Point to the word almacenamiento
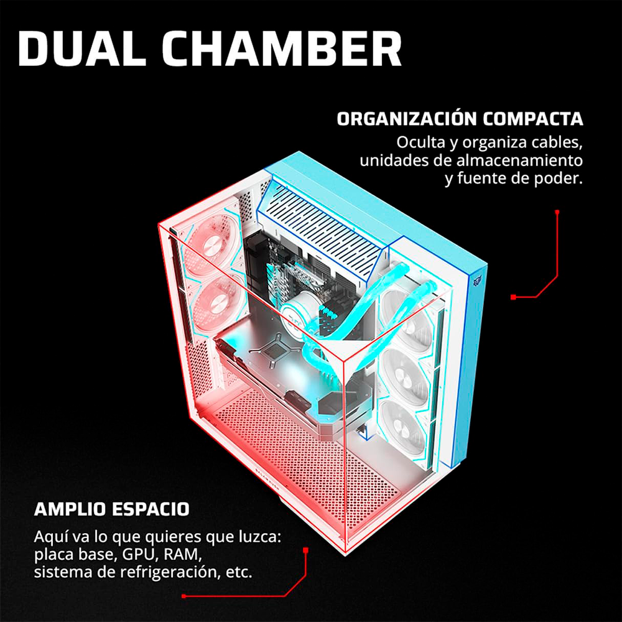[519, 160]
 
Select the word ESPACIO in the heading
[151, 509]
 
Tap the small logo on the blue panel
[476, 281]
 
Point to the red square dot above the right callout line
[557, 212]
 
